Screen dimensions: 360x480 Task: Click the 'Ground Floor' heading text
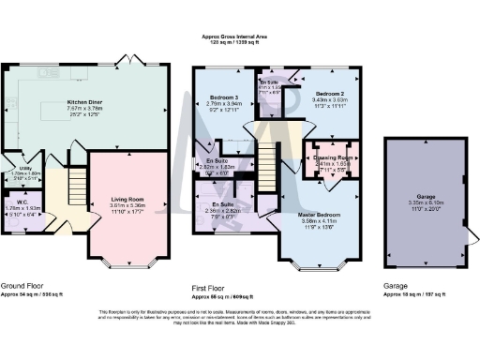(x=25, y=285)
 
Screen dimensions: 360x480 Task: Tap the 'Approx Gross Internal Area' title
(x=240, y=36)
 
